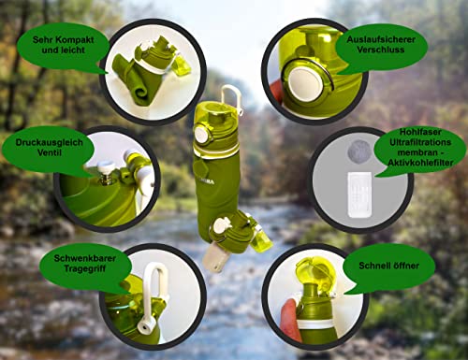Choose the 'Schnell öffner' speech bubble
pyautogui.click(x=401, y=265)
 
